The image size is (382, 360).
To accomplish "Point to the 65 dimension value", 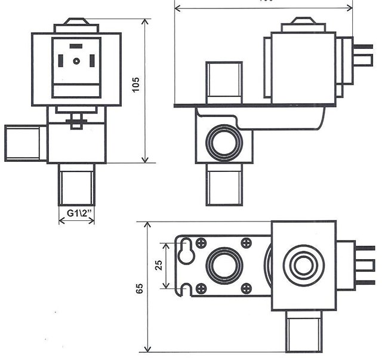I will pyautogui.click(x=139, y=288).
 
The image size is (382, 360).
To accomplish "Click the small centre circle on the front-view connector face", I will pyautogui.click(x=76, y=61).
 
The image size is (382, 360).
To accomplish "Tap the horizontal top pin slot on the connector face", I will pyautogui.click(x=76, y=46).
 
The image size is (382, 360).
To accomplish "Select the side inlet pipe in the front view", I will pyautogui.click(x=23, y=143).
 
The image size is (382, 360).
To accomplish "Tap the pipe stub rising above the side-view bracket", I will pyautogui.click(x=224, y=82).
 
